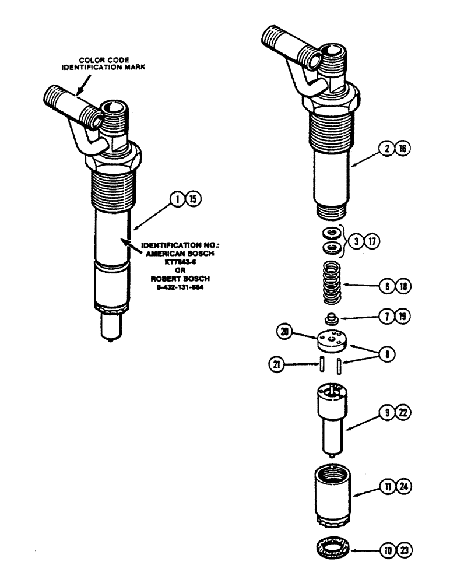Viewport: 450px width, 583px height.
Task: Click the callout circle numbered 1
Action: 175,200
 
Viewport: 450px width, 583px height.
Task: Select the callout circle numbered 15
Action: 191,200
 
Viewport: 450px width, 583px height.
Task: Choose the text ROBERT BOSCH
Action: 172,279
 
